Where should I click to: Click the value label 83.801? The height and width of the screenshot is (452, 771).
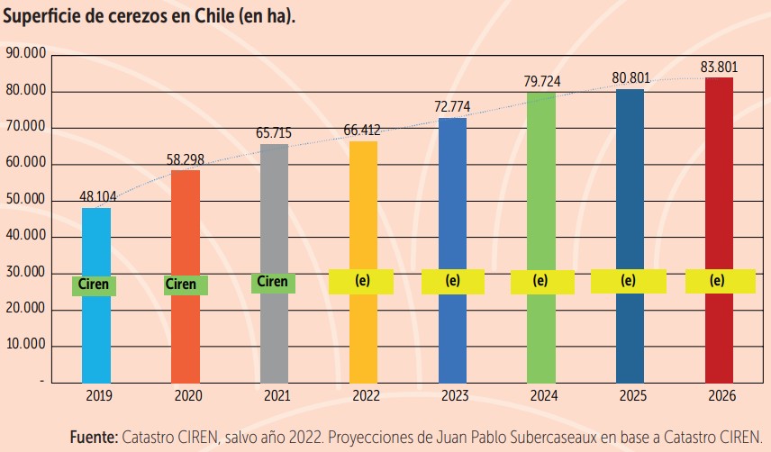click(718, 68)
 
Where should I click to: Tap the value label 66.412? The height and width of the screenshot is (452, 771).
click(362, 131)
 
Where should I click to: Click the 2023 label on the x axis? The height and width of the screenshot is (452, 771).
click(451, 396)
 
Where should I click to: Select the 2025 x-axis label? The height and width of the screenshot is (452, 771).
click(629, 396)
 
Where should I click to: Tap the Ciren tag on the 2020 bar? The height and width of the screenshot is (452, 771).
click(181, 285)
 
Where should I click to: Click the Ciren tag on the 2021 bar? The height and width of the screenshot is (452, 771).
click(272, 282)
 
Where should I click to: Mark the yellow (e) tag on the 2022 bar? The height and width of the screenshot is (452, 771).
click(362, 281)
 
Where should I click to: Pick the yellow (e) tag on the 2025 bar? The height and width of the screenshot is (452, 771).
click(628, 280)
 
